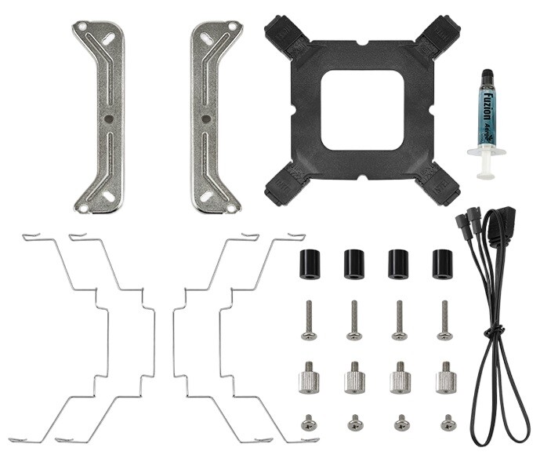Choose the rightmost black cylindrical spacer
[443, 264]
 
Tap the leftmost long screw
[309, 321]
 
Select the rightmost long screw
[444, 321]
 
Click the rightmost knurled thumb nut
[447, 378]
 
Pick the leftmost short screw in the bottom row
[307, 424]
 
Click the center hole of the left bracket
[109, 119]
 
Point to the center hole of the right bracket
[205, 119]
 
